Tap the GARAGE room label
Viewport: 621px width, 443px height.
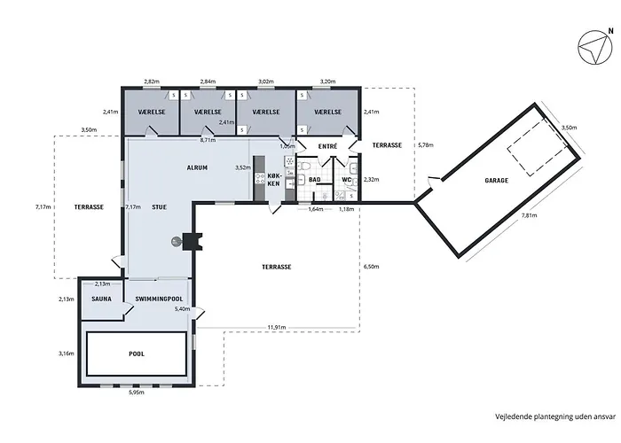point(496,181)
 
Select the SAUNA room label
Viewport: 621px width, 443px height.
point(101,299)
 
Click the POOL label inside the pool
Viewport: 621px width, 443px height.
point(136,354)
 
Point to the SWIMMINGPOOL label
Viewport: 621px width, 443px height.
point(160,299)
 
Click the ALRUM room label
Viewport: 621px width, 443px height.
point(197,167)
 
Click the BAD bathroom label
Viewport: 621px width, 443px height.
point(313,180)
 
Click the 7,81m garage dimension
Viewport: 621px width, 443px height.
point(529,215)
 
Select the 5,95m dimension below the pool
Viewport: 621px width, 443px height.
point(137,392)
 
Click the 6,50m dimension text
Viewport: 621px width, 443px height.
point(373,266)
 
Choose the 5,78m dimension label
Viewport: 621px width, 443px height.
point(425,144)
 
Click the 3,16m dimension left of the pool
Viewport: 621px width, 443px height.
point(66,354)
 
